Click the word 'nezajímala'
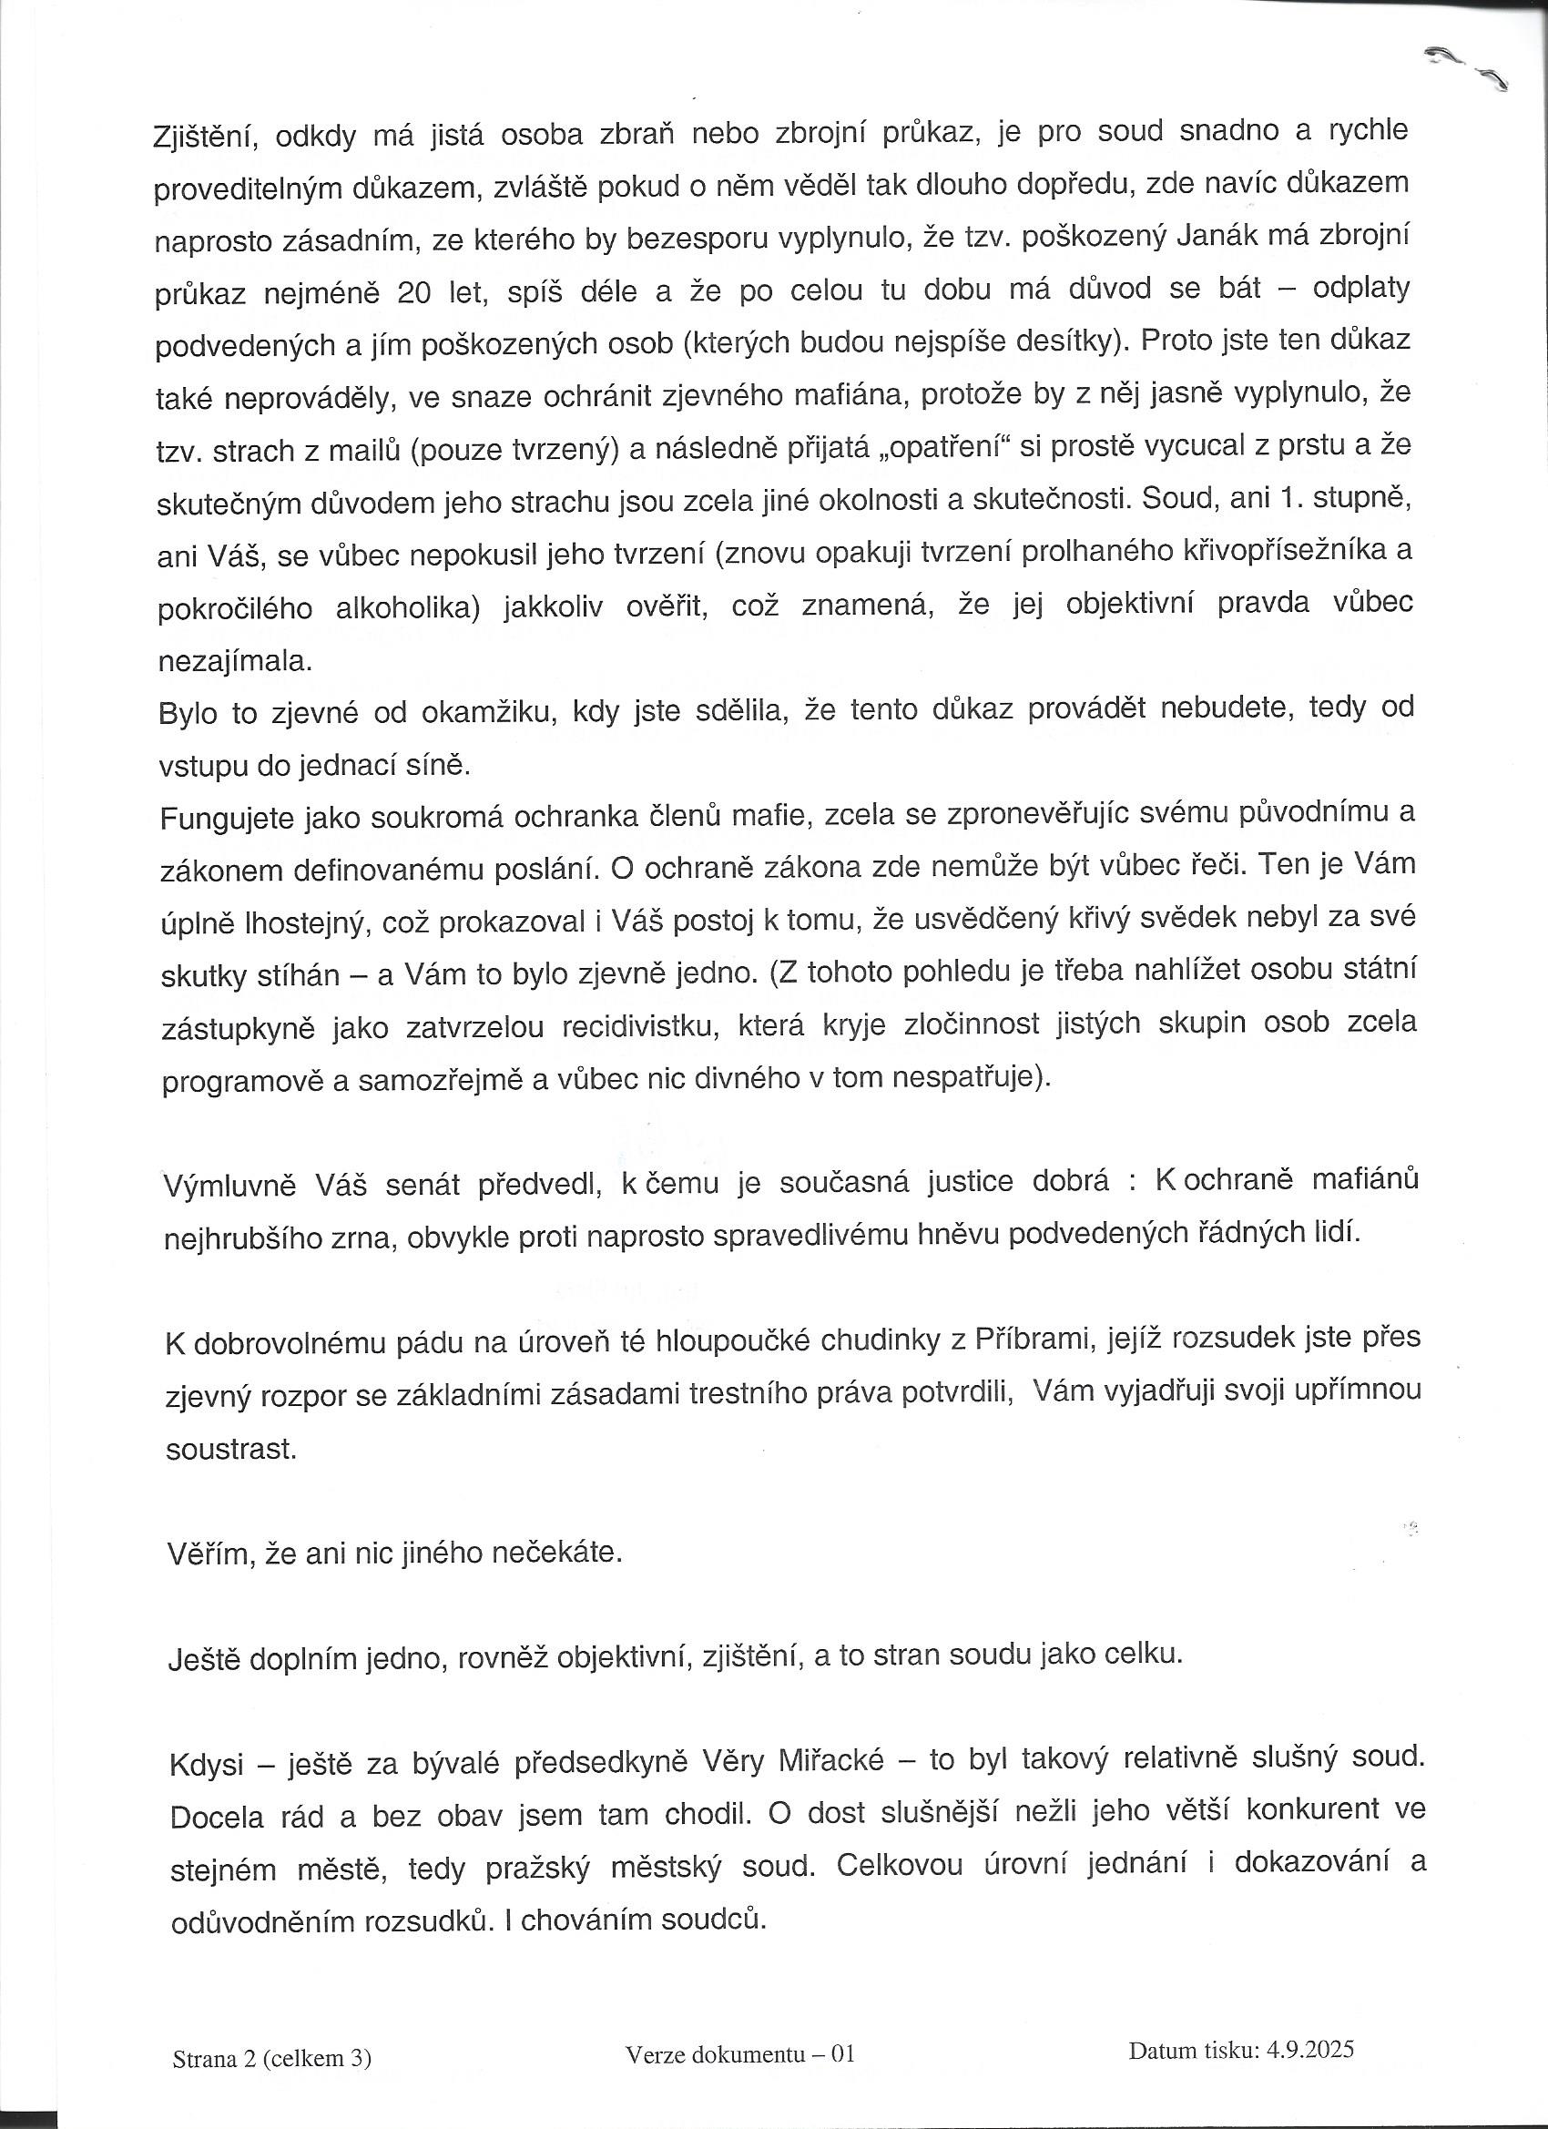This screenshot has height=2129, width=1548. pyautogui.click(x=234, y=660)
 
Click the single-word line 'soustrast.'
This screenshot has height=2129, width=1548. pyautogui.click(x=231, y=1449)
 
